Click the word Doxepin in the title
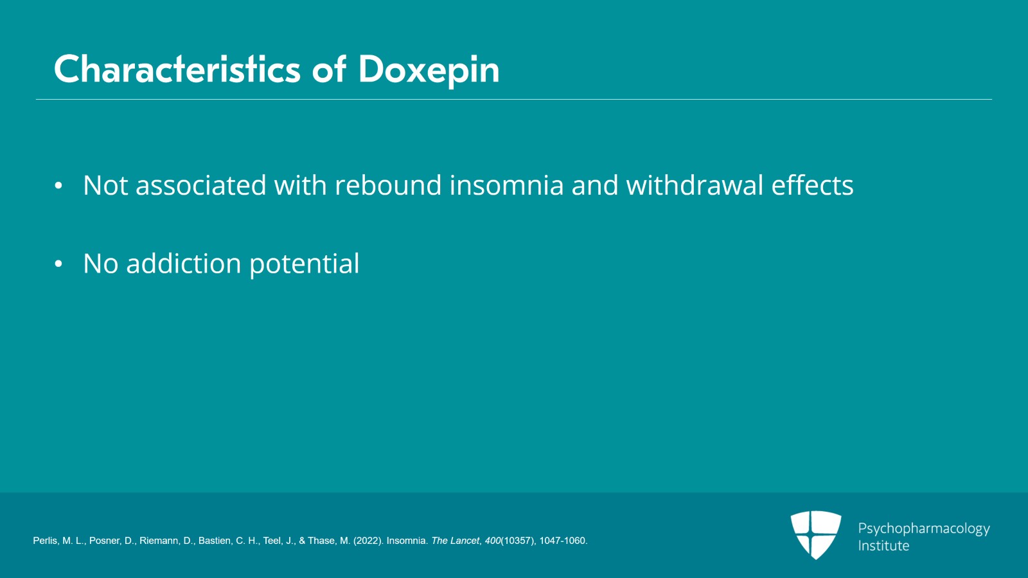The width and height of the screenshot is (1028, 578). pyautogui.click(x=429, y=71)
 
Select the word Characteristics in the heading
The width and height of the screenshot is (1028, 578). pyautogui.click(x=177, y=69)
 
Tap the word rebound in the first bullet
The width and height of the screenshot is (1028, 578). pyautogui.click(x=388, y=185)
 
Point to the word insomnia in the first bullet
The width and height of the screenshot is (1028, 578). pyautogui.click(x=506, y=185)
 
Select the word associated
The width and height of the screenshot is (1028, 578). pyautogui.click(x=200, y=185)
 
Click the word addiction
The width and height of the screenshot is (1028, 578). pyautogui.click(x=184, y=264)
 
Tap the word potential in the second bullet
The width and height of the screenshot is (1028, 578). pyautogui.click(x=305, y=265)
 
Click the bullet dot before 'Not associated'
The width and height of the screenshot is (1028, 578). pyautogui.click(x=58, y=185)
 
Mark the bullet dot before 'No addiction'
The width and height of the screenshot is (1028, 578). pyautogui.click(x=58, y=264)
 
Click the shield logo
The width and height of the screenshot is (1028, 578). pyautogui.click(x=815, y=534)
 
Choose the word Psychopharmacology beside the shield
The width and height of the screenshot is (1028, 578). pyautogui.click(x=924, y=529)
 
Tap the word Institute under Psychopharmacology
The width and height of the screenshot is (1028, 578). pyautogui.click(x=883, y=546)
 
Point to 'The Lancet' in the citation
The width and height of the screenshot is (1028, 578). pyautogui.click(x=456, y=541)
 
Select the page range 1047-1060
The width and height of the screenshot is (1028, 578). pyautogui.click(x=563, y=541)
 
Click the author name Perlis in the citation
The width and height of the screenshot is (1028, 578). pyautogui.click(x=45, y=541)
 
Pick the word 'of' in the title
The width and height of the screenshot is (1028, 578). pyautogui.click(x=328, y=69)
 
